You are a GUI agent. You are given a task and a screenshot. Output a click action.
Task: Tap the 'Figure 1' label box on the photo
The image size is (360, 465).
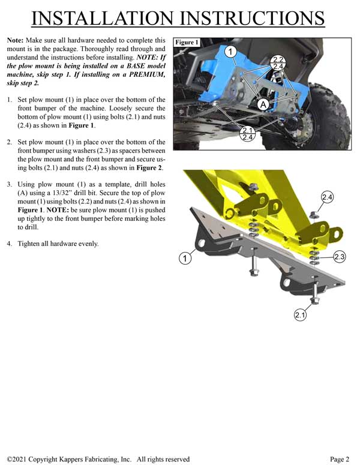186,43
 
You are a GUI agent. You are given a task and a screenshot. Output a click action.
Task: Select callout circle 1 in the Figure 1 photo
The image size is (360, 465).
229,52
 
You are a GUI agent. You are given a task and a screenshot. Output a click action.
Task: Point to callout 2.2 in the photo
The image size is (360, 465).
277,59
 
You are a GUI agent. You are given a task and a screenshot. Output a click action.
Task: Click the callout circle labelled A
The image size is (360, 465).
262,104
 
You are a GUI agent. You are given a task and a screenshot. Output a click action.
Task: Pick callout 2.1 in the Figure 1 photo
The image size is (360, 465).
247,130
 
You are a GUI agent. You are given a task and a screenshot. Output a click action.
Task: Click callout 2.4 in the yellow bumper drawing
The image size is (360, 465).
328,197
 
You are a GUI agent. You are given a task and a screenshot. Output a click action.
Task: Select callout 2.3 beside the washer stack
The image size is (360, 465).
340,256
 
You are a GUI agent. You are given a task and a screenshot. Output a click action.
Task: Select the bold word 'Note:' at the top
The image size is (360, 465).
16,40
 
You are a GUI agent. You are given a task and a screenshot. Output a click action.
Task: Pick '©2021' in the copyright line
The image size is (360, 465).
20,459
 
